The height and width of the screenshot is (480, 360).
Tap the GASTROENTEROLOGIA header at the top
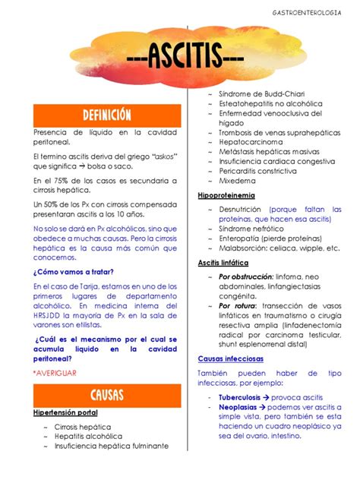(307, 13)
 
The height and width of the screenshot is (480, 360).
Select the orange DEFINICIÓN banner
(107, 115)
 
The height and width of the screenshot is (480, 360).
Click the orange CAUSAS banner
(107, 394)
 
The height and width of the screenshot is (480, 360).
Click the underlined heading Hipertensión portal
(65, 412)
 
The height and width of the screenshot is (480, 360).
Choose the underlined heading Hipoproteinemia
(226, 195)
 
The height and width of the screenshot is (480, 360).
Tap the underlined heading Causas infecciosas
(232, 358)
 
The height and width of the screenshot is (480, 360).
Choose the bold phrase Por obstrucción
(246, 276)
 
